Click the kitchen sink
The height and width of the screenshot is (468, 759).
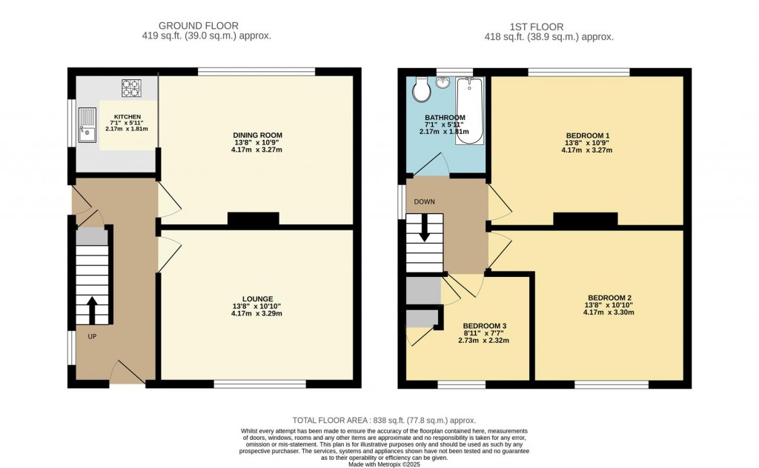87,124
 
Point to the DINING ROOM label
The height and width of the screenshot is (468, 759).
256,135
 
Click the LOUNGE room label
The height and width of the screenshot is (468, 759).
256,298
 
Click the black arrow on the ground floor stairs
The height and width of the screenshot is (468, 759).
92,309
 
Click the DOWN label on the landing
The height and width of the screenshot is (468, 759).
425,201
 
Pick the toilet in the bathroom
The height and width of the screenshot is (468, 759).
421,90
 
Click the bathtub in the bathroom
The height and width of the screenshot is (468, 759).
468,111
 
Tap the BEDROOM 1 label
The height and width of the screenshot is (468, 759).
586,135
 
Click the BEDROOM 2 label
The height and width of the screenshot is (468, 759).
608,298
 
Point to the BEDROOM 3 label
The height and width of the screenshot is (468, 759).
485,325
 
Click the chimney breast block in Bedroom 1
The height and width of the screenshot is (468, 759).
586,218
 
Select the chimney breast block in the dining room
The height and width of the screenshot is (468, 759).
253,218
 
